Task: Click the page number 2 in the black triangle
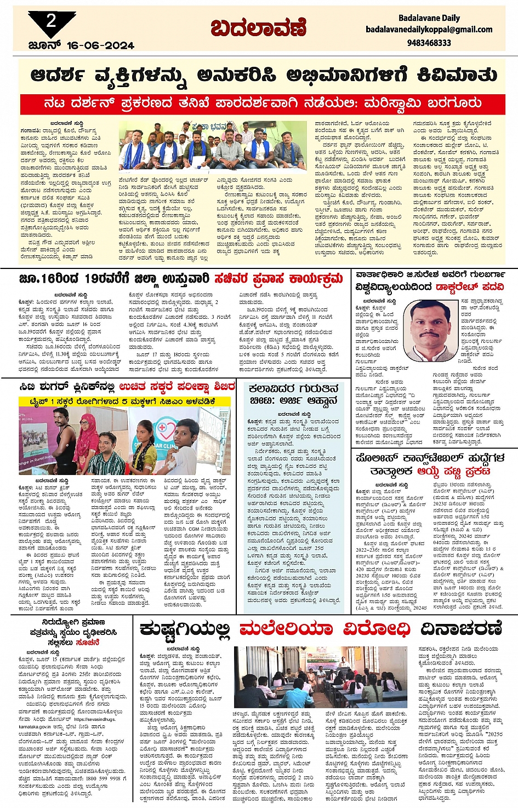[x=52, y=21]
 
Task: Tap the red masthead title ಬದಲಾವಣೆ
[x=259, y=27]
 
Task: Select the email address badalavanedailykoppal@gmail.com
[x=429, y=30]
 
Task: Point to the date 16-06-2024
[x=100, y=45]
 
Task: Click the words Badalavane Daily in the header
[x=429, y=18]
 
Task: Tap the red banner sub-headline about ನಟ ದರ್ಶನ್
[x=263, y=103]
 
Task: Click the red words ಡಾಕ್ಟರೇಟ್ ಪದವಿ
[x=470, y=286]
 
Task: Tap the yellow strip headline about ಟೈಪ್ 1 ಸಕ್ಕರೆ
[x=117, y=401]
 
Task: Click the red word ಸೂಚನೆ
[x=88, y=642]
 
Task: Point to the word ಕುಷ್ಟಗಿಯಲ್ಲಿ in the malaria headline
[x=186, y=629]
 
